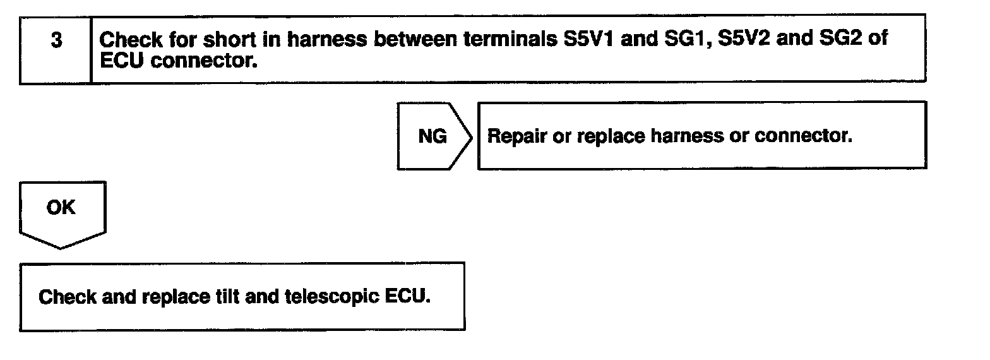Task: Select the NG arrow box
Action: point(434,136)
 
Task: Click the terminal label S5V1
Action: point(584,39)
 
